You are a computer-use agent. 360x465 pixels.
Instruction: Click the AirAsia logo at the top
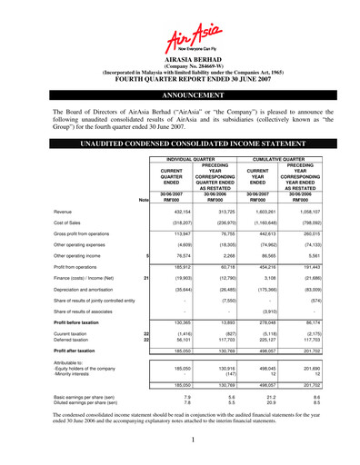[x=180, y=38]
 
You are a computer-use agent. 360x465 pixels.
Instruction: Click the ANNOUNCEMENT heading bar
[x=180, y=94]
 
